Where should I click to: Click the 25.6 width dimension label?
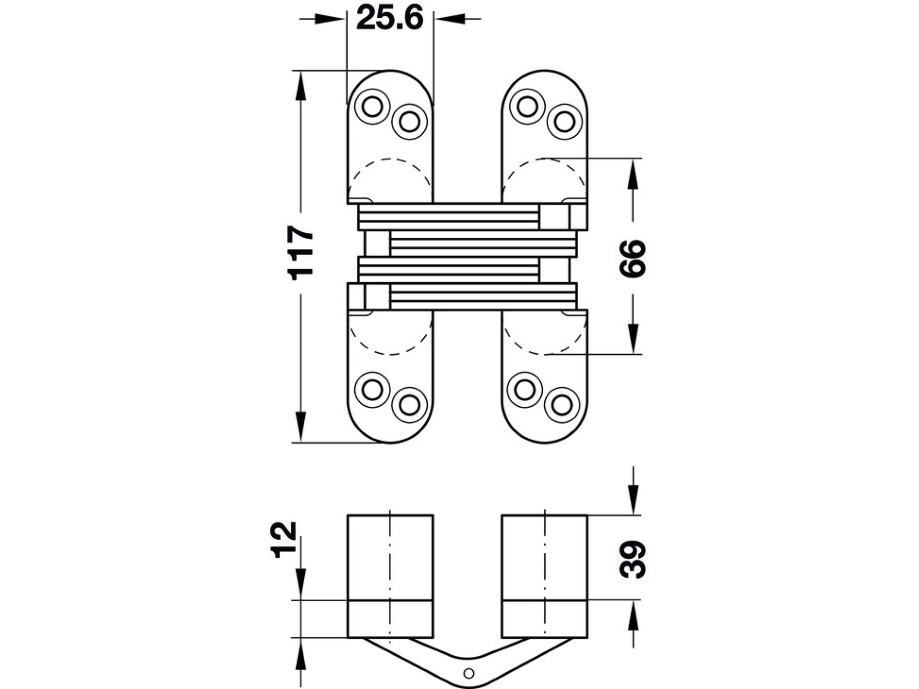pos(390,18)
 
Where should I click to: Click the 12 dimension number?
pos(284,539)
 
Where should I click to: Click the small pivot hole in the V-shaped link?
pos(469,673)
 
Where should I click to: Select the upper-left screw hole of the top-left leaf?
pos(372,107)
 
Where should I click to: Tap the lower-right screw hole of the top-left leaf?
pos(409,121)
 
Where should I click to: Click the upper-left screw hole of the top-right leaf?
pos(527,106)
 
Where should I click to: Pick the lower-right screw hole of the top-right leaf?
pos(564,121)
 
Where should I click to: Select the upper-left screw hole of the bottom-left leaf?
pos(372,390)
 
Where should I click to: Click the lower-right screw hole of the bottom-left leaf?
pos(409,405)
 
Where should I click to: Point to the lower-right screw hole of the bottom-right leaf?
pos(562,405)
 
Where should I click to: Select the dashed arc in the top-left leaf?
pos(390,160)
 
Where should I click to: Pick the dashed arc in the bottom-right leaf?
pos(544,353)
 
